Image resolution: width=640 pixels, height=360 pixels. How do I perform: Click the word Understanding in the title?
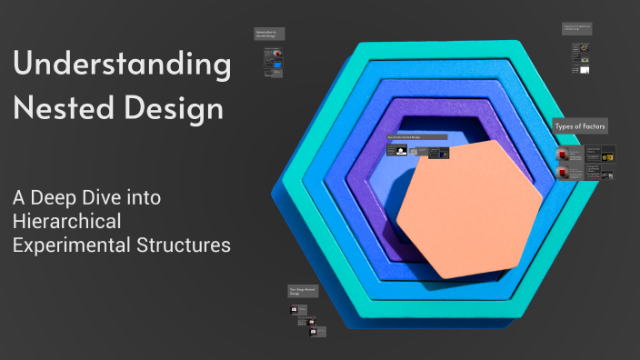(122, 66)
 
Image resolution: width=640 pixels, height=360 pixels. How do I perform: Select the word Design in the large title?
(173, 110)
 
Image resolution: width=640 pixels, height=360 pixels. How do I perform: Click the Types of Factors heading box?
(581, 125)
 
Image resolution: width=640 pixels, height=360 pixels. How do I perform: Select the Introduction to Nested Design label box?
(269, 34)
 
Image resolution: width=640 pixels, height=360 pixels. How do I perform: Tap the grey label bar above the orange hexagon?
(416, 137)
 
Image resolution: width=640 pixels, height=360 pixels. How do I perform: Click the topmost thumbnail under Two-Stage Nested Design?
(294, 309)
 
